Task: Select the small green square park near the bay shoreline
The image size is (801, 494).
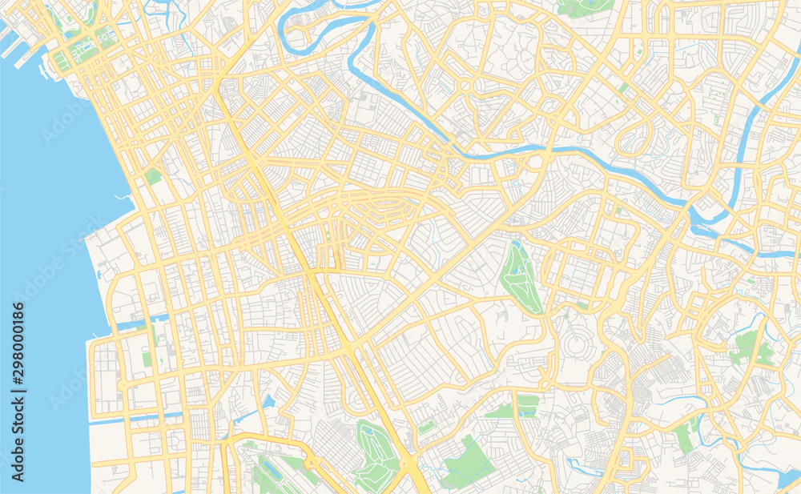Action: pyautogui.click(x=152, y=175)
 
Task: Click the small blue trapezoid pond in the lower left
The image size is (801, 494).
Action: pyautogui.click(x=268, y=401)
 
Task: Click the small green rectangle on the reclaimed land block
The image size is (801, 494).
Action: pyautogui.click(x=147, y=359)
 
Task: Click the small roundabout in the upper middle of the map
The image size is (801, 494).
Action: pyautogui.click(x=465, y=85)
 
